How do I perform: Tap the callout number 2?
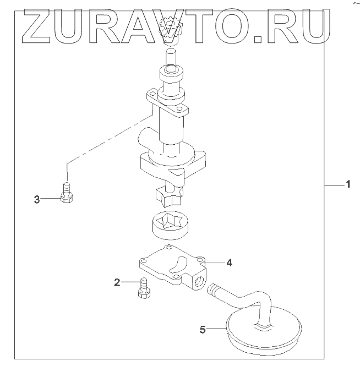[117, 283]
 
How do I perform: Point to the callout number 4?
[229, 263]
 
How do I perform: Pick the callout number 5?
[203, 330]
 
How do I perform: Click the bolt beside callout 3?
[67, 194]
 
